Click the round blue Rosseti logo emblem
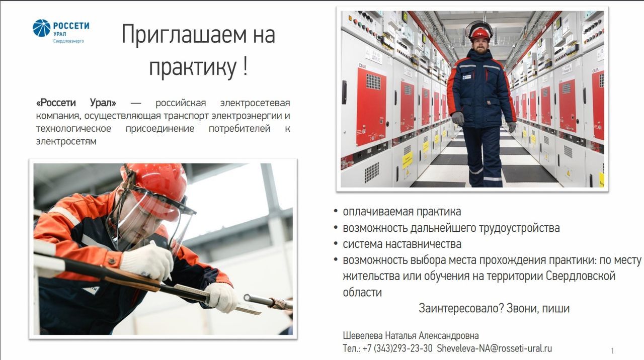[x=41, y=28]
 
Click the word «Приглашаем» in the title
[x=184, y=35]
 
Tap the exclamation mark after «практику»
[x=245, y=66]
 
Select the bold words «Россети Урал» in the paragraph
[x=76, y=103]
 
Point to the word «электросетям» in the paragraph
[x=66, y=141]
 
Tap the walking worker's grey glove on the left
[x=458, y=118]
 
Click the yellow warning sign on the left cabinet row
[x=407, y=160]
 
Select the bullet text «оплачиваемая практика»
[x=401, y=212]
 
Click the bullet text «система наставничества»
[x=402, y=244]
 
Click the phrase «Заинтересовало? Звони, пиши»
[x=494, y=308]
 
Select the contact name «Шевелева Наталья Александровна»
[x=411, y=335]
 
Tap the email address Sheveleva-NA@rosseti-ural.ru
[x=494, y=348]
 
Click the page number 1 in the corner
[x=612, y=351]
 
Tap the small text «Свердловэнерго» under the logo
[x=68, y=41]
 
